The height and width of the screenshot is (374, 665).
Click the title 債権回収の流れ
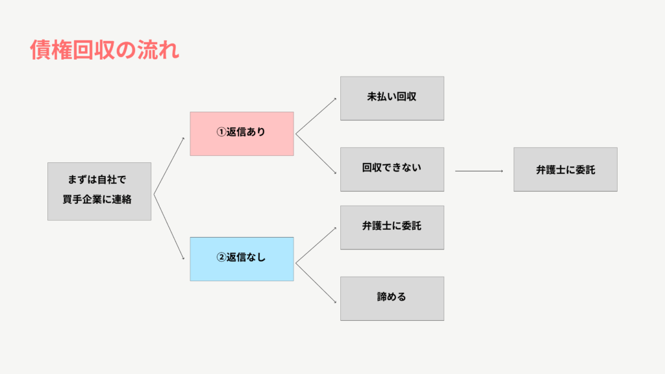tap(105, 50)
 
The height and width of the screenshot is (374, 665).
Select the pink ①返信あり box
tap(242, 134)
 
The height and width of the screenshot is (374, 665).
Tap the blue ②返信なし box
tap(242, 259)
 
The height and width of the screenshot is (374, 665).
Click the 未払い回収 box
tap(392, 99)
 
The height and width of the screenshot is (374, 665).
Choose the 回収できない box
tap(392, 169)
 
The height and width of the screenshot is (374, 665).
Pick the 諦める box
tap(392, 299)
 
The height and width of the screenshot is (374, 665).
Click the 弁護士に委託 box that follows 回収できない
tap(566, 169)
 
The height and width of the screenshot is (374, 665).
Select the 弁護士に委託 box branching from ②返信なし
tap(392, 228)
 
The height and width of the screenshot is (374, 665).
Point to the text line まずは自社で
tap(97, 180)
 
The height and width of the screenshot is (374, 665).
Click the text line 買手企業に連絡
tap(97, 199)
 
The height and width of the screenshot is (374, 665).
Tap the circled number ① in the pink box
tap(221, 132)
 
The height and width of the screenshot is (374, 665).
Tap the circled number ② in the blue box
tap(221, 257)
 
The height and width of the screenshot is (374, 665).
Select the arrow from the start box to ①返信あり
tap(169, 166)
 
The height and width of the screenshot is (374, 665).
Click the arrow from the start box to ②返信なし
tap(169, 227)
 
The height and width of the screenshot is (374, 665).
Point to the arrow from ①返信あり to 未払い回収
tap(316, 116)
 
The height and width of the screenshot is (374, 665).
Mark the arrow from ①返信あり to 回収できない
tap(316, 154)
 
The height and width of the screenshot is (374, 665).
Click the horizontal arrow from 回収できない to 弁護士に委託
tap(479, 171)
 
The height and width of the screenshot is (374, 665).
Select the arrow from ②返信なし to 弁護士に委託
tap(316, 245)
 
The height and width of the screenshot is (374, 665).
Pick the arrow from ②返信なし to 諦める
tap(316, 283)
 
